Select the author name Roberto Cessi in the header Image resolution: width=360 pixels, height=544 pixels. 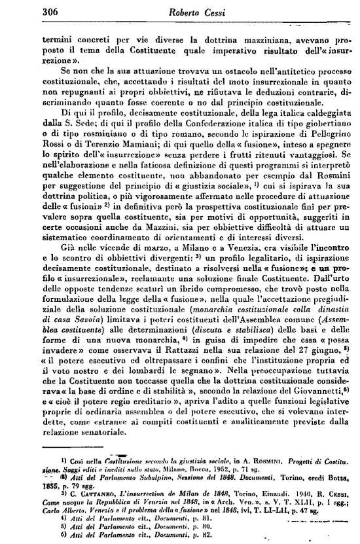(180, 10)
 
